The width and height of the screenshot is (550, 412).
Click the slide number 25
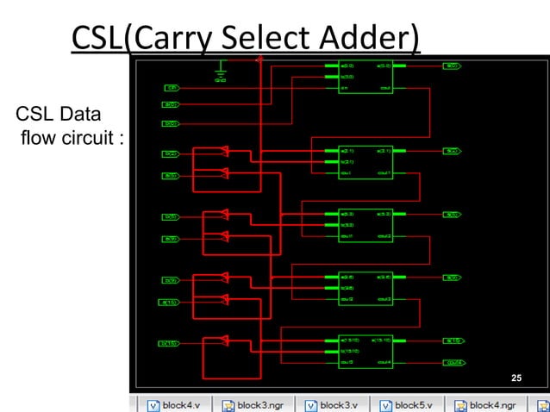point(516,378)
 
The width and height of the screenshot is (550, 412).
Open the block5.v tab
point(411,404)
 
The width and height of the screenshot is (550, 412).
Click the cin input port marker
point(172,88)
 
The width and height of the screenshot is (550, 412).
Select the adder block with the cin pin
point(366,77)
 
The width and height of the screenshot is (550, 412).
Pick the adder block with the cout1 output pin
point(366,162)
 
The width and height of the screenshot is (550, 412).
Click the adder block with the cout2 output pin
point(366,225)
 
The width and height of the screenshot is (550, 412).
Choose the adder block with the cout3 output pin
point(366,288)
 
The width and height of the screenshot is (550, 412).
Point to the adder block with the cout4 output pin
point(366,352)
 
